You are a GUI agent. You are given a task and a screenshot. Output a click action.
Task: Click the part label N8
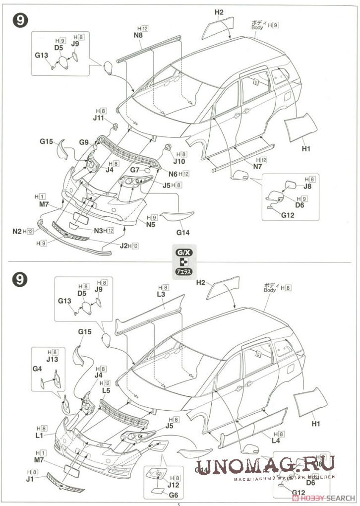click(138, 36)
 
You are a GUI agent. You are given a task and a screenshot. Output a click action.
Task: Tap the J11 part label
click(98, 118)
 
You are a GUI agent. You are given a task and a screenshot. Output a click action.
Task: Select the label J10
click(180, 162)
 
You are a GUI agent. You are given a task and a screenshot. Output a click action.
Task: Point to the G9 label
click(83, 143)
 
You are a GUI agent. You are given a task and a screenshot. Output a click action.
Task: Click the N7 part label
click(257, 167)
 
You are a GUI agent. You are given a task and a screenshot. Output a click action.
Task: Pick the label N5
click(151, 224)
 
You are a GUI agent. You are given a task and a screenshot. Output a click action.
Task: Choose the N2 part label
click(17, 231)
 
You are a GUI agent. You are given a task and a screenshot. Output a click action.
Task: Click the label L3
click(161, 295)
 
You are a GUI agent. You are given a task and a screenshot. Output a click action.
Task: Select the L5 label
click(106, 391)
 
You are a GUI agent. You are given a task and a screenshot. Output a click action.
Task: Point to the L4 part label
click(275, 442)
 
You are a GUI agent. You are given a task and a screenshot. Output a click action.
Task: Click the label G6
click(174, 495)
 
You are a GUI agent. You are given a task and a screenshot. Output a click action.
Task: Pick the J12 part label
click(174, 485)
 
